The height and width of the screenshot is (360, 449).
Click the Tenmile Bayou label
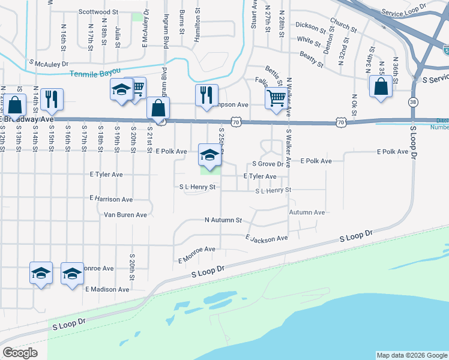point(95,74)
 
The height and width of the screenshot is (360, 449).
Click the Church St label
point(343,27)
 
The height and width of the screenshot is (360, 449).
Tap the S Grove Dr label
point(268,163)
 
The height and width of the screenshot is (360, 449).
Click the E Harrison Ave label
point(111,198)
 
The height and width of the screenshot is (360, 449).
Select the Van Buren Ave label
point(125,214)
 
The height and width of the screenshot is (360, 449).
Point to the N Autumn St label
point(223,220)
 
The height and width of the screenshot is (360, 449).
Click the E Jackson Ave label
point(267,238)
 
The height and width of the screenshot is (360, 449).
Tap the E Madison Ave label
point(107,289)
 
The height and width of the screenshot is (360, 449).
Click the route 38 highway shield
point(414,103)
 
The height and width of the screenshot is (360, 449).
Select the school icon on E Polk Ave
point(208,155)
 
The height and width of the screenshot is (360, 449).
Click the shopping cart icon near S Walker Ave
point(276,97)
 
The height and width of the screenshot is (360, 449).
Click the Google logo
point(20,353)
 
